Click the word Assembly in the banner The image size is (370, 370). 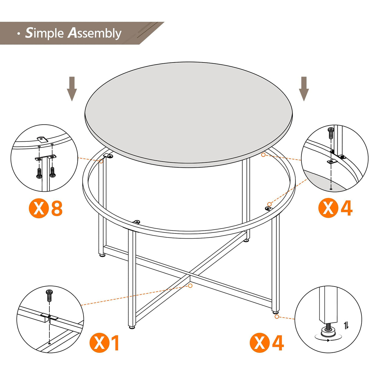[94, 34]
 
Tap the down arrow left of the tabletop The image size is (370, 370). [72, 88]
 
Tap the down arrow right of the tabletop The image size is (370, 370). [304, 88]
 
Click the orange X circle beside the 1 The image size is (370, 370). [99, 343]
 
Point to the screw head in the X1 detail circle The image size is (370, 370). [49, 293]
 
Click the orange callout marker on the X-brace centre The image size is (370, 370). [190, 286]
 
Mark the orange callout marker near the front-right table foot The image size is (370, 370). [277, 317]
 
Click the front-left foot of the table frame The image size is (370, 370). [132, 327]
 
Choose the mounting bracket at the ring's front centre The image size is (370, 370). [137, 222]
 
